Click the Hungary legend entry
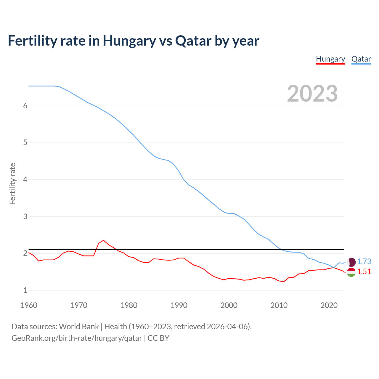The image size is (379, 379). (330, 59)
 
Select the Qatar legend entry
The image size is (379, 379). (361, 59)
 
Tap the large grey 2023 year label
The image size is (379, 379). (312, 94)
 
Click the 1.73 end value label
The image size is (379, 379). (364, 261)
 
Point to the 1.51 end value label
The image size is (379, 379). (364, 272)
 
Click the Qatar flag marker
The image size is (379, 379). (351, 262)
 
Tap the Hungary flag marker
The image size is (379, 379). (351, 272)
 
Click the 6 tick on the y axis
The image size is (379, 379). (25, 106)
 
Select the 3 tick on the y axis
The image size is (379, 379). (25, 216)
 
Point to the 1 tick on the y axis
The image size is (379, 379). (25, 290)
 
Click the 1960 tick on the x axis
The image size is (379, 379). (29, 305)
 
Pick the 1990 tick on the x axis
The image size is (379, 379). (179, 305)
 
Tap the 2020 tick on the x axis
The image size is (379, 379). (329, 305)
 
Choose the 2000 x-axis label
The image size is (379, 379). (229, 305)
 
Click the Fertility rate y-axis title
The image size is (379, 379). (12, 184)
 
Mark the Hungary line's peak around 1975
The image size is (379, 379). (103, 240)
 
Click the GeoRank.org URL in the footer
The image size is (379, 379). (77, 338)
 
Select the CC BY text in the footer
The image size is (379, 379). (158, 338)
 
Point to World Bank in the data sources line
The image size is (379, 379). (79, 327)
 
